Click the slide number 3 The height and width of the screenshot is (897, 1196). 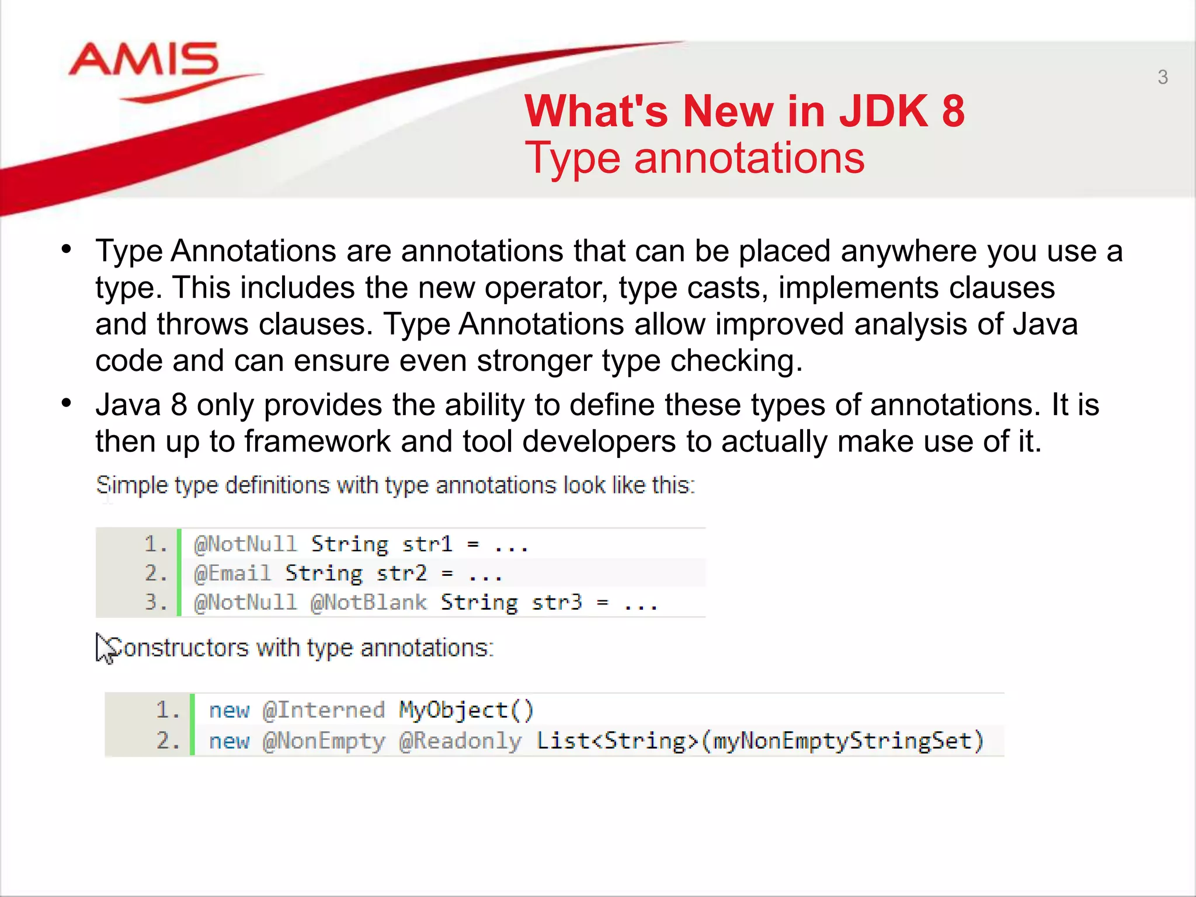coord(1162,77)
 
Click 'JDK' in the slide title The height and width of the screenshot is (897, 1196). coord(883,111)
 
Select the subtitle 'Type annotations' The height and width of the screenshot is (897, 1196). coord(694,158)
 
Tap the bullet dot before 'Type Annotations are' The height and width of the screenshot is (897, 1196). coord(67,249)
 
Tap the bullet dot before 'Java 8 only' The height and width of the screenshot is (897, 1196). coord(67,403)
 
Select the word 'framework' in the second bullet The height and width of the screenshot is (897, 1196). coord(317,441)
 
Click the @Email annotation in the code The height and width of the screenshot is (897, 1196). coord(232,573)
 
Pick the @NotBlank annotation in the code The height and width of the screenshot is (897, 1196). coord(368,602)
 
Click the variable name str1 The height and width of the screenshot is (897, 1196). coord(427,544)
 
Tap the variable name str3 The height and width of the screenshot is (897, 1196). coord(557,602)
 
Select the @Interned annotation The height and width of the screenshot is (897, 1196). coord(324,710)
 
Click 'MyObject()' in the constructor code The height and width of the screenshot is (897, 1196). coord(466,710)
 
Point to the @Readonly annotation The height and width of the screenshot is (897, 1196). coord(460,741)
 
